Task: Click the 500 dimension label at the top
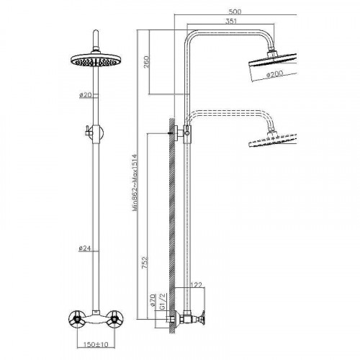pyautogui.click(x=235, y=12)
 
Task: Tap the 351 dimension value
pyautogui.click(x=231, y=21)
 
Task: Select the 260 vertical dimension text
pyautogui.click(x=146, y=62)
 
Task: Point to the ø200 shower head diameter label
pyautogui.click(x=274, y=74)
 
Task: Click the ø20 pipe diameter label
pyautogui.click(x=85, y=95)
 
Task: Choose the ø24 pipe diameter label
pyautogui.click(x=85, y=248)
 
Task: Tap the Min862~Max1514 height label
pyautogui.click(x=135, y=183)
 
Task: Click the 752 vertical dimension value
pyautogui.click(x=145, y=263)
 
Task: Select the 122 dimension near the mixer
pyautogui.click(x=196, y=285)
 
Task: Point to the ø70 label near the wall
pyautogui.click(x=153, y=300)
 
